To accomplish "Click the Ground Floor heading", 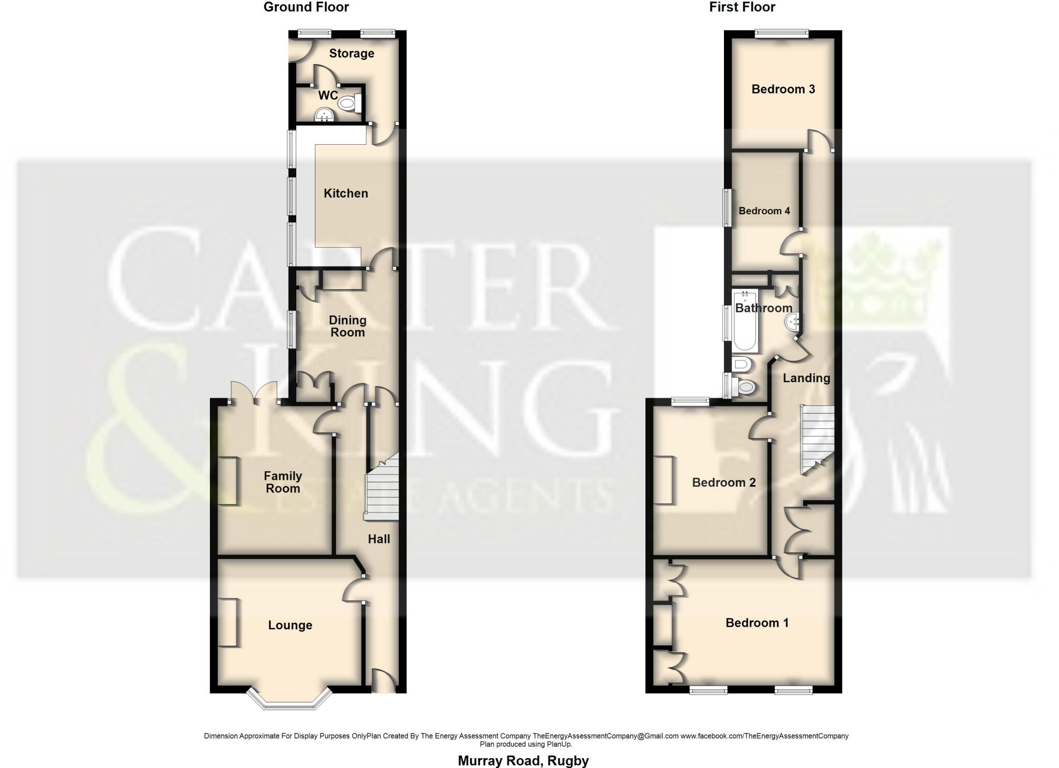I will click(306, 7).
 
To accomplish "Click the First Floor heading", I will click(742, 7).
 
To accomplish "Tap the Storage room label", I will click(352, 53).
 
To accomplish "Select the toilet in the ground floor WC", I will click(349, 104).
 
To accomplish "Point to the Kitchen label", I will click(345, 193).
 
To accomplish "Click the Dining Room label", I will click(347, 326).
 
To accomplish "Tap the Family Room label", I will click(282, 482).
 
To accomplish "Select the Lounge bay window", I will click(290, 701).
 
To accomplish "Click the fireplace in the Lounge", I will click(228, 622).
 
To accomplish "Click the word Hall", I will click(379, 539).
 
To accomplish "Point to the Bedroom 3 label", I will click(783, 89).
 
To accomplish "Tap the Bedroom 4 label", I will click(764, 210).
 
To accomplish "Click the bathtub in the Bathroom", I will click(745, 321).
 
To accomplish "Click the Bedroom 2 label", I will click(723, 483).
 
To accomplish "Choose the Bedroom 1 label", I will click(757, 623).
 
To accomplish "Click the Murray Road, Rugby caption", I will click(523, 761).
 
